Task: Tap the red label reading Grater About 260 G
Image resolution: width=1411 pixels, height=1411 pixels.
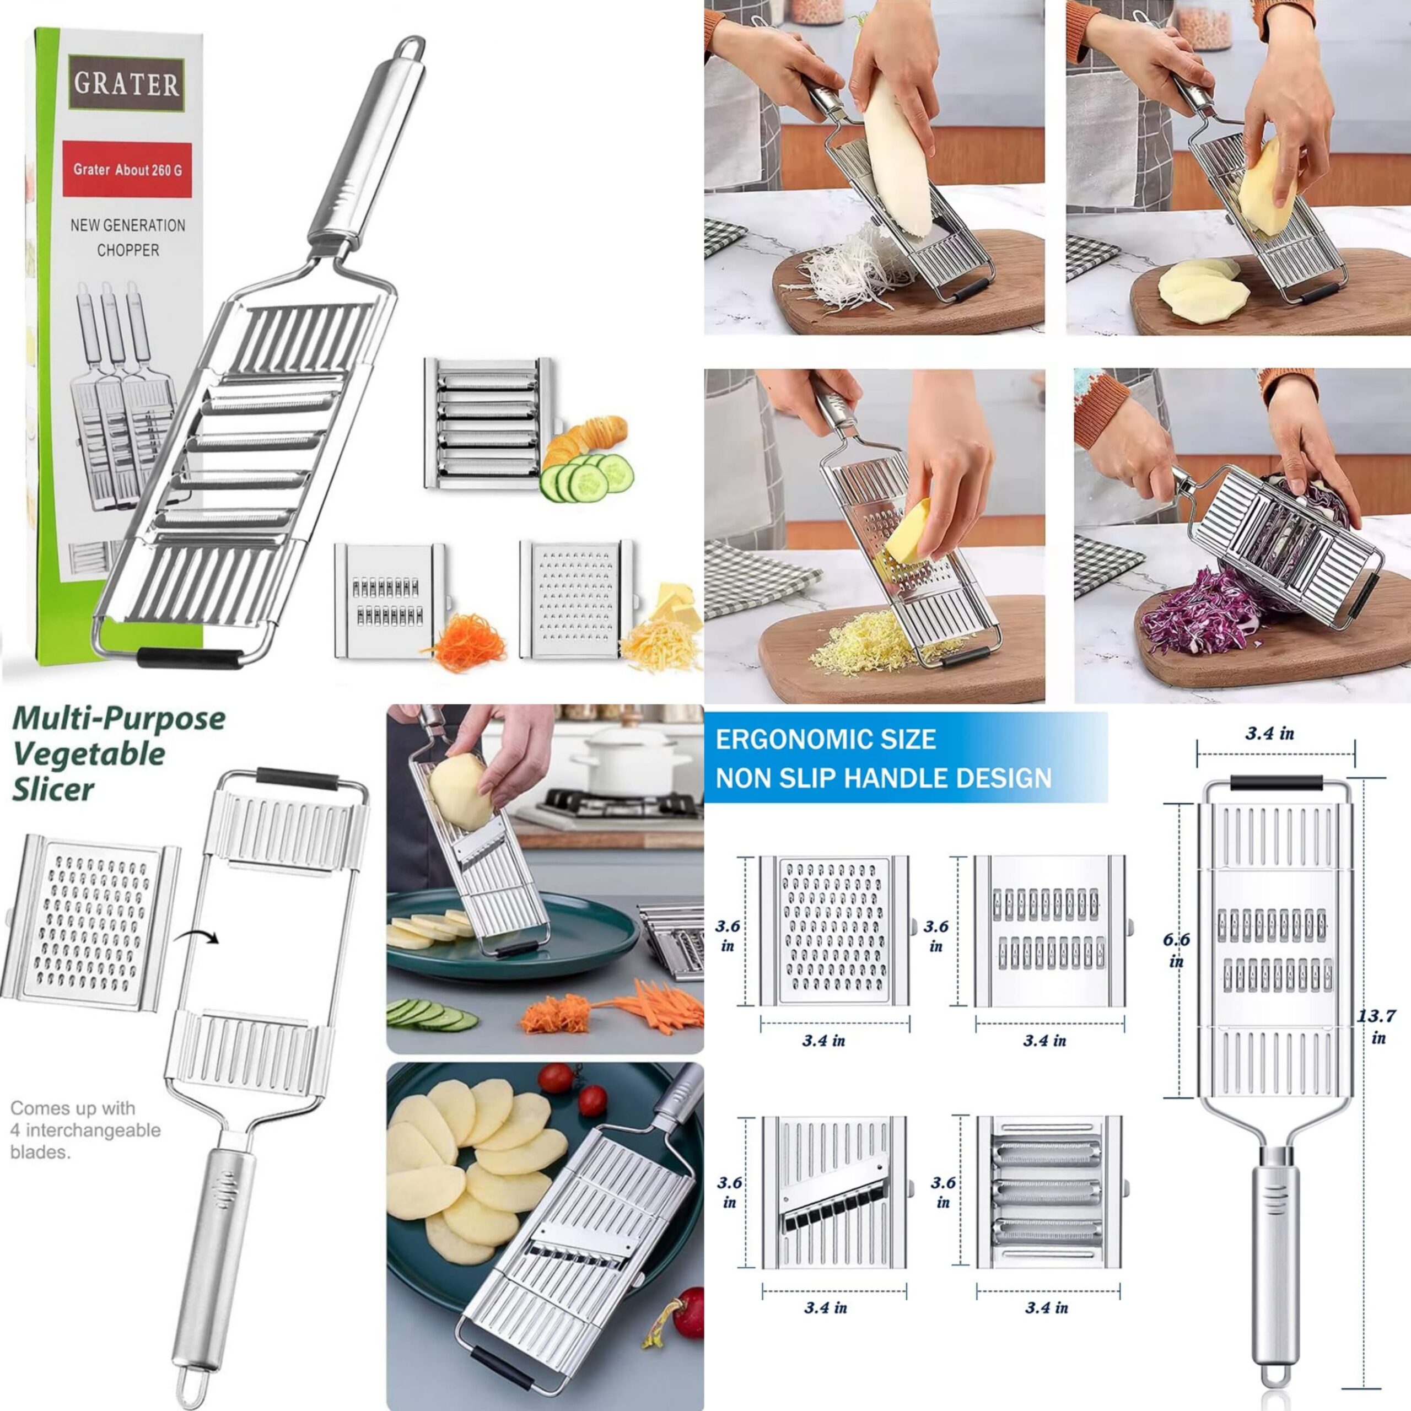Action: tap(127, 169)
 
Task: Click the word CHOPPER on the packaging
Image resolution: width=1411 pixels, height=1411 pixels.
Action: tap(128, 250)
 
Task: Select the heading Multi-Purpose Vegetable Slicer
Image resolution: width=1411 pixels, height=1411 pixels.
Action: tap(119, 753)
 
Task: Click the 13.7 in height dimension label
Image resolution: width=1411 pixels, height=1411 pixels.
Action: tap(1377, 1025)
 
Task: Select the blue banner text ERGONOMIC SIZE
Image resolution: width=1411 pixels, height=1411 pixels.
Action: tap(825, 739)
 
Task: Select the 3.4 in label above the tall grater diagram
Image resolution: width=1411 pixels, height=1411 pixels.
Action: tap(1269, 733)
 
